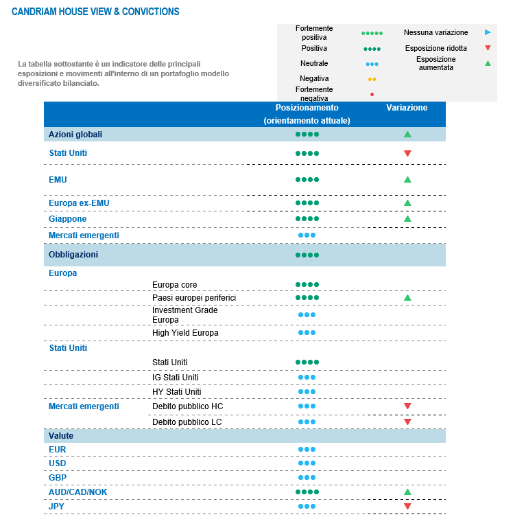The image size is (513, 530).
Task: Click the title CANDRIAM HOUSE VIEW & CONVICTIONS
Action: pos(95,12)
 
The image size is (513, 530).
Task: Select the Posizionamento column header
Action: pos(307,108)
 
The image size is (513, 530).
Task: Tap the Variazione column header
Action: pos(407,108)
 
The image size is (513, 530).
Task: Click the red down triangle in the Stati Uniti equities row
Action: pos(407,153)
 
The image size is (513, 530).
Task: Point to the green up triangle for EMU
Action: pos(407,179)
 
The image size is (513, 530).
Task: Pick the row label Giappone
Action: pos(68,219)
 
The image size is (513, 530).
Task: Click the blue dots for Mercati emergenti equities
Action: pos(307,235)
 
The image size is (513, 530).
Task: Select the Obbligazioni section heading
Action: pos(73,255)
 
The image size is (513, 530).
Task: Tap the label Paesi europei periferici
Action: pos(194,298)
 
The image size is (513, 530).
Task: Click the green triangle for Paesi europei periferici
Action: pos(407,298)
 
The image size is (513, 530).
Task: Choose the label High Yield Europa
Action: pos(185,333)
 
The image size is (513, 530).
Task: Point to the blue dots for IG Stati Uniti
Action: pos(307,378)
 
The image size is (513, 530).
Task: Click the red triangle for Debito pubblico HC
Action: pos(407,406)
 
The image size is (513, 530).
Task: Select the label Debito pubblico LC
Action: pos(187,421)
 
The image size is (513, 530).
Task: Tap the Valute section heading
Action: pos(61,436)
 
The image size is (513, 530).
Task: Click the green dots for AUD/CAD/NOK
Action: pos(307,492)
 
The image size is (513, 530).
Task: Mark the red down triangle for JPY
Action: pos(407,507)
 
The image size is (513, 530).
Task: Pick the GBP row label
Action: pos(58,478)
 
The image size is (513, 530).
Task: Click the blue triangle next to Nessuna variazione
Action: pos(488,32)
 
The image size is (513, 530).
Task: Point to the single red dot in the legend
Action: pos(372,94)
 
